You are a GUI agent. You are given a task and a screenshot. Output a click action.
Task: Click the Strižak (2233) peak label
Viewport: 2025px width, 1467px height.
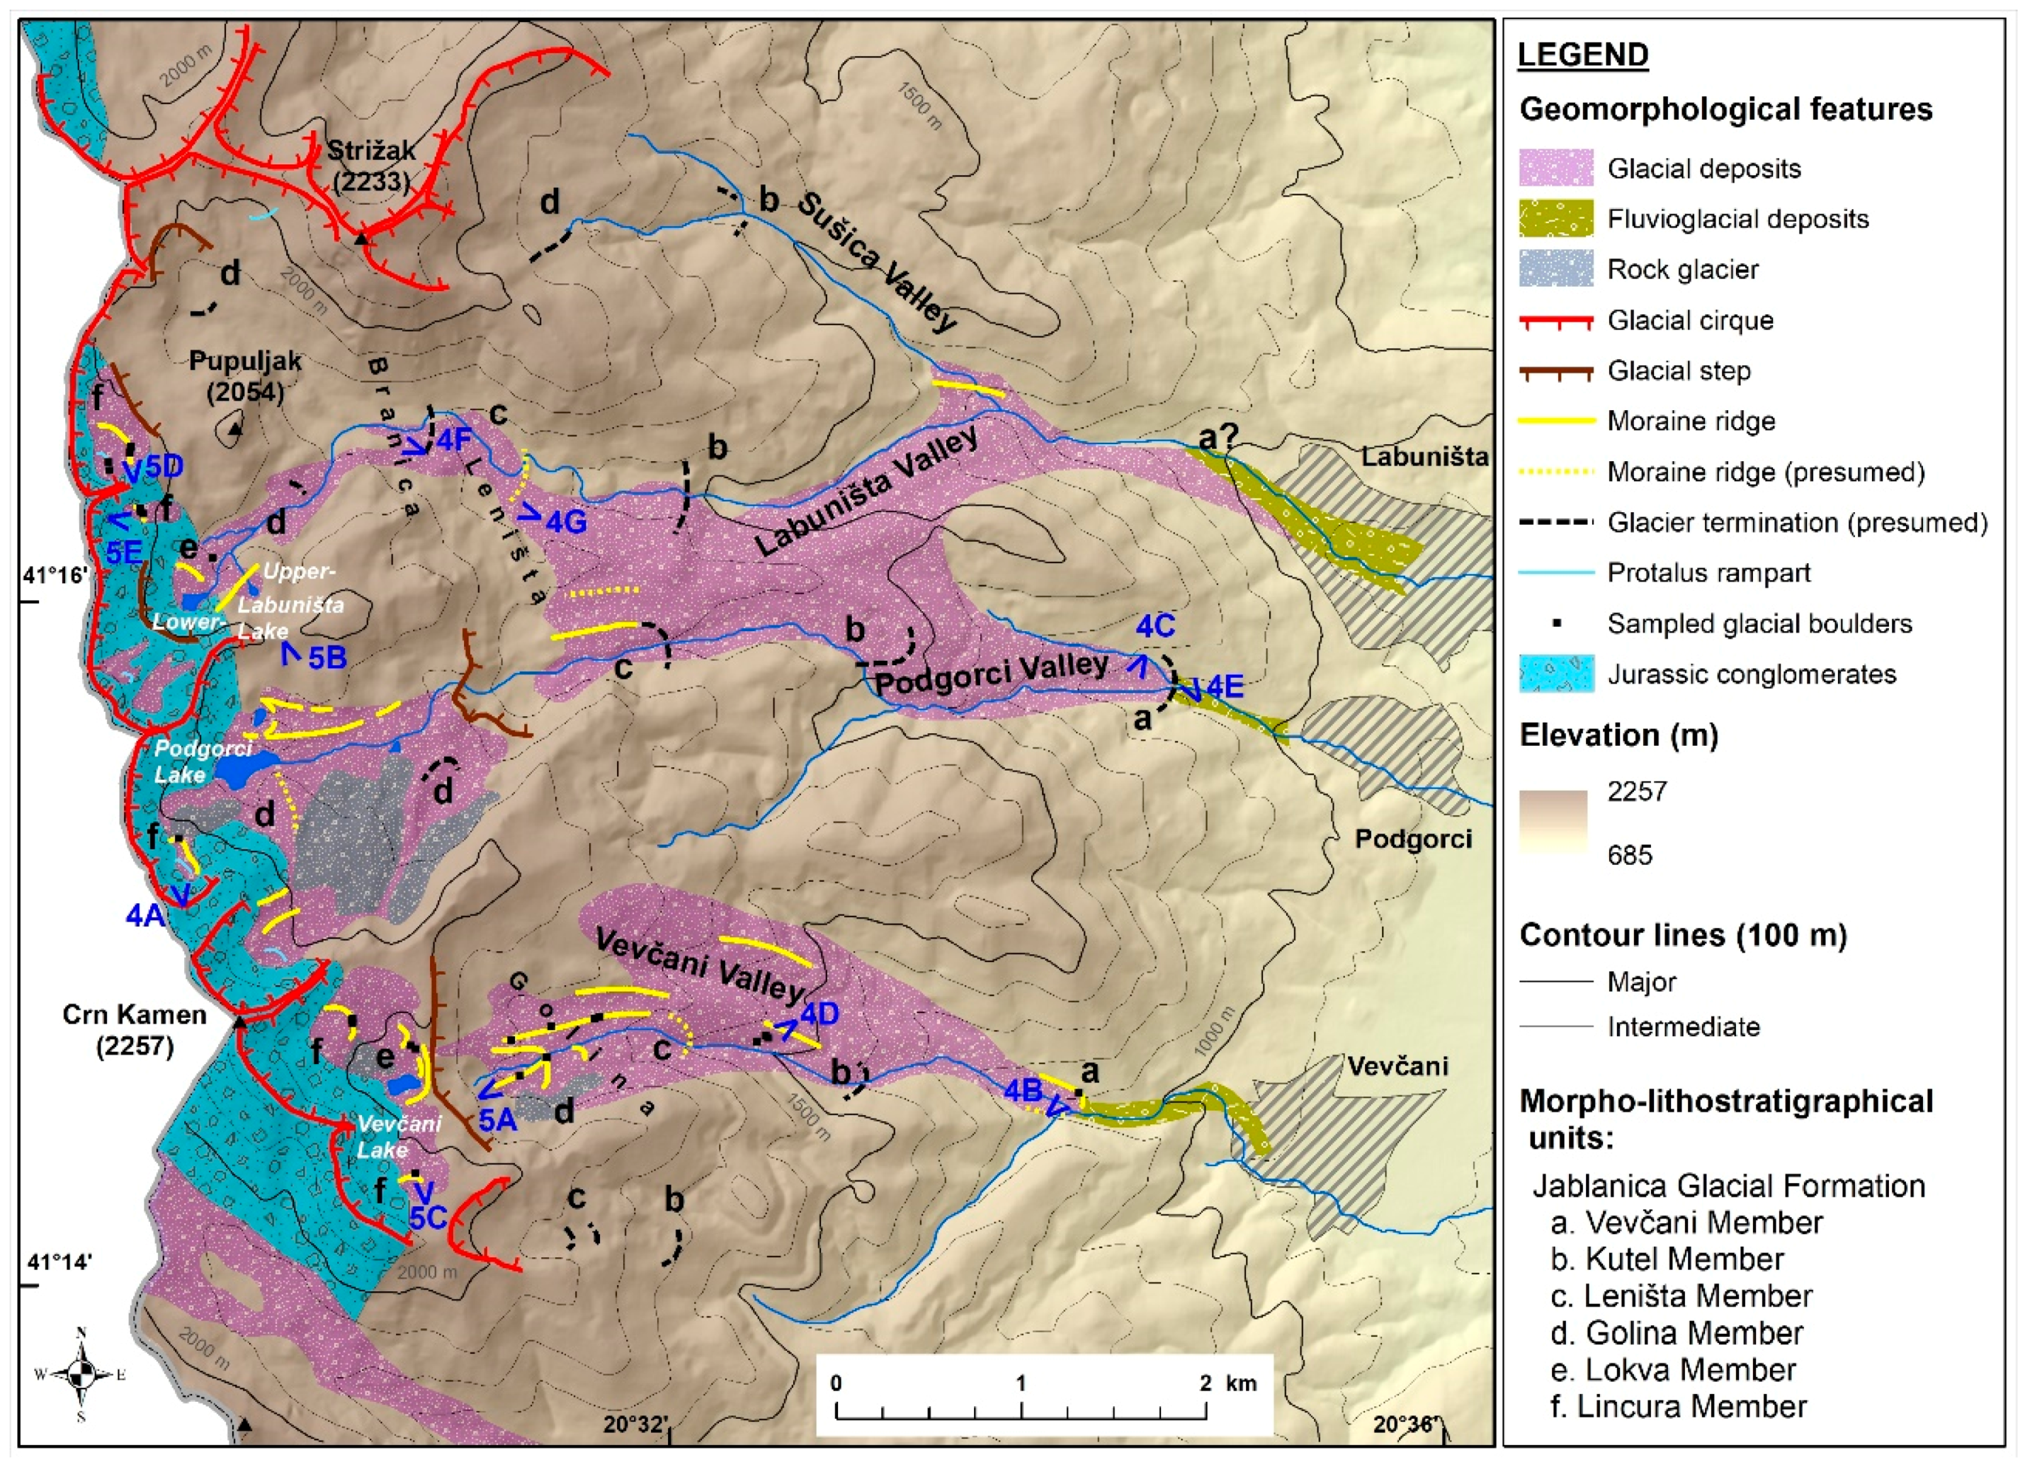pos(370,165)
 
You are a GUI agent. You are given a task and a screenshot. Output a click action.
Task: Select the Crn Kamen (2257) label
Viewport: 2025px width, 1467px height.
pos(134,1029)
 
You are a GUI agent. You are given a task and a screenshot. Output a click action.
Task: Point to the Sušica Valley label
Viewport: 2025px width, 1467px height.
pos(875,261)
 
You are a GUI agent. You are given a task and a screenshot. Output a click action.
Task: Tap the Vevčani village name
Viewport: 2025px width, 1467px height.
pos(1397,1066)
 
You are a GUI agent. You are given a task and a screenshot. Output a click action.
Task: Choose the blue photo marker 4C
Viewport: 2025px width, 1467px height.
pos(1155,627)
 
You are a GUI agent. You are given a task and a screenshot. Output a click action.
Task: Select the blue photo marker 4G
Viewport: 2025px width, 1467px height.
pos(565,521)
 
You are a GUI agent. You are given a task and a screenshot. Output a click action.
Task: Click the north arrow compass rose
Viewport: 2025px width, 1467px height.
pos(81,1374)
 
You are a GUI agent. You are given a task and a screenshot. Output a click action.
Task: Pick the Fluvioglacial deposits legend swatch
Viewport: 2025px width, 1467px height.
pos(1555,219)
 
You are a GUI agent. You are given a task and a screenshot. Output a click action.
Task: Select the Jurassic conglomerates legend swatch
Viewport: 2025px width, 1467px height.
pos(1555,674)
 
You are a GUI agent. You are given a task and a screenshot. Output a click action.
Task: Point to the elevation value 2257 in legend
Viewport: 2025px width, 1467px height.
pos(1637,791)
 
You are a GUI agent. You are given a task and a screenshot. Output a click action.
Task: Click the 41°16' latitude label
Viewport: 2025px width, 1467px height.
pos(55,575)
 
